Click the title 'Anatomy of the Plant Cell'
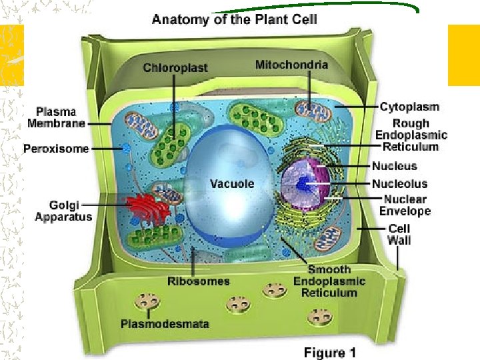click(x=234, y=19)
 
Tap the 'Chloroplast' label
click(x=175, y=67)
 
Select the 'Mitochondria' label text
click(x=291, y=65)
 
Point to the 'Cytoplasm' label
click(x=409, y=107)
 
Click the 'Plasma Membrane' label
click(x=56, y=117)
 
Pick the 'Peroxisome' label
click(x=56, y=149)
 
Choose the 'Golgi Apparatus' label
click(x=63, y=211)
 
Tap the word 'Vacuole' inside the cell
click(x=232, y=183)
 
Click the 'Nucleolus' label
click(x=399, y=183)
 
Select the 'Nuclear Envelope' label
click(x=405, y=205)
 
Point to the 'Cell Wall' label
click(x=399, y=234)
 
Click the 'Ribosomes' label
click(x=199, y=281)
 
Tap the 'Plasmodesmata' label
click(x=165, y=324)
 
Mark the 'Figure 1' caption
click(x=329, y=352)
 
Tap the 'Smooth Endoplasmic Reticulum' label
click(x=329, y=281)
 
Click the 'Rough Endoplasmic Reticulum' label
click(x=410, y=135)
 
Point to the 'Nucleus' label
click(x=394, y=166)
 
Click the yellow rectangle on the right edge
click(x=463, y=55)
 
